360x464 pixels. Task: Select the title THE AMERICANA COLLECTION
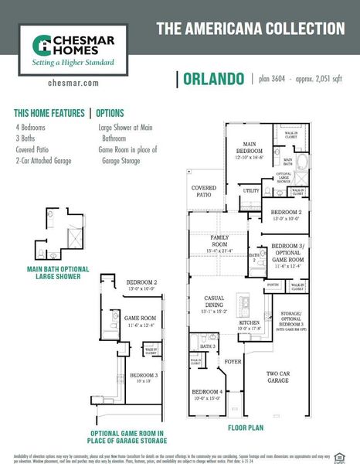(x=250, y=29)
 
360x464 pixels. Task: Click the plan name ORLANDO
(x=215, y=79)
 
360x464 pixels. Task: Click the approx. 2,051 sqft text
(x=318, y=79)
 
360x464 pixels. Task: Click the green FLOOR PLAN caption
(x=246, y=427)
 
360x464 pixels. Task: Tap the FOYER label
(x=233, y=360)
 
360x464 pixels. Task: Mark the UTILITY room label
(x=251, y=189)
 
